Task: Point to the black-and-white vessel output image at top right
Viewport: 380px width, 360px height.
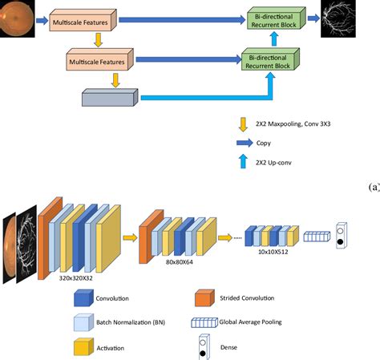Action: (338, 18)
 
